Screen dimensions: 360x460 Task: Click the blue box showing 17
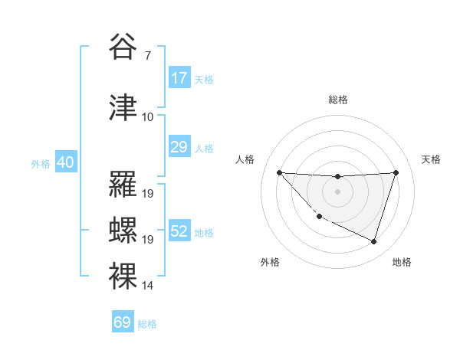pos(179,78)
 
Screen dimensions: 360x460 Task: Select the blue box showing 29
pos(179,147)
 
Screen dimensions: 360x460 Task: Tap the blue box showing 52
pos(179,231)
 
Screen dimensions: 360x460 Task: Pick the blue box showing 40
pos(65,162)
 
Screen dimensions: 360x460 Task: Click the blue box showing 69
pos(123,322)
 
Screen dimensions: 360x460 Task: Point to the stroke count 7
pos(147,56)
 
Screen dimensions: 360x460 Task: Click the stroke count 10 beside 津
pos(148,117)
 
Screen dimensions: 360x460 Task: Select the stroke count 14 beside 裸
pos(148,286)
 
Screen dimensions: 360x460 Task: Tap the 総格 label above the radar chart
pos(337,100)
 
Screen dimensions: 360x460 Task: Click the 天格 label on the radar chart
pos(432,159)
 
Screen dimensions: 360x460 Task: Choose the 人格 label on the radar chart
pos(245,159)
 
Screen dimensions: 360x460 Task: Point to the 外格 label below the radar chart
pos(270,262)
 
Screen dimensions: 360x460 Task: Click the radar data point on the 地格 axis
pos(374,242)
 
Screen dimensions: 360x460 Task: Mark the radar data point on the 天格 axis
pos(396,172)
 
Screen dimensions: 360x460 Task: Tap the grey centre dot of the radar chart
pos(337,191)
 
